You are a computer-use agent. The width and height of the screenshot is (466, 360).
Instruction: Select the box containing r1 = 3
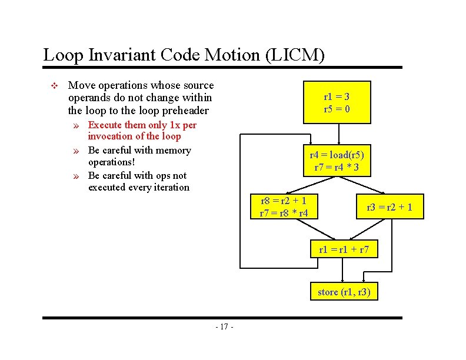337,102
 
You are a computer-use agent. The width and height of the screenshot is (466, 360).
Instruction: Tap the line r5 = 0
337,109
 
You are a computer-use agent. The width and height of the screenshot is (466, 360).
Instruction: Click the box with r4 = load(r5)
337,161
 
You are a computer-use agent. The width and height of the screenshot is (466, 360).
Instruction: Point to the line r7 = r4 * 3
337,168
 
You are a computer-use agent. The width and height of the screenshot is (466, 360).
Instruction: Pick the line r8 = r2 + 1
284,201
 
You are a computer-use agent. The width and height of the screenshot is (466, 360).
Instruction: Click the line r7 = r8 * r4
284,212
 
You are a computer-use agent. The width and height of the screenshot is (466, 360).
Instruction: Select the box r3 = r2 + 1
389,207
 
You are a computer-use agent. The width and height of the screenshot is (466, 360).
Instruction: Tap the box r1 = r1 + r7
344,249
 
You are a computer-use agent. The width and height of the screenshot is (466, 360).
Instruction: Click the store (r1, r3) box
344,292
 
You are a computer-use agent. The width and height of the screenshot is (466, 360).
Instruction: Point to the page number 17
224,327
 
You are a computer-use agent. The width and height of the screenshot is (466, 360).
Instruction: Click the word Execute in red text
105,125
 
